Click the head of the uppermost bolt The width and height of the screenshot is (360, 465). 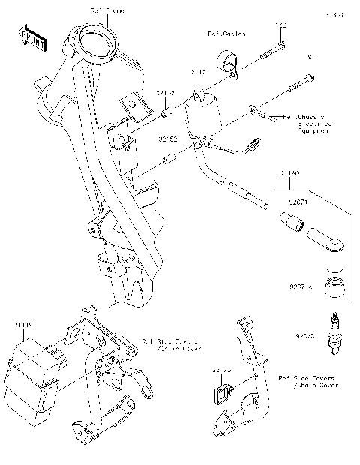[283, 46]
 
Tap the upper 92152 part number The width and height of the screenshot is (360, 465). [165, 94]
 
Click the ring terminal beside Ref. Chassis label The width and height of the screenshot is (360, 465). [256, 112]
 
